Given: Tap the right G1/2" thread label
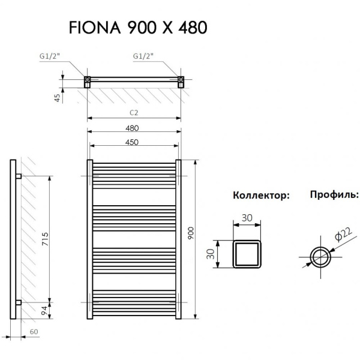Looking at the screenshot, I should coord(142,57).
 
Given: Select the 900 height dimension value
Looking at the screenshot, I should coord(191,234).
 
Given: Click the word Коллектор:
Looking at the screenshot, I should coord(261,196).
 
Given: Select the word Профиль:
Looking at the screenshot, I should coord(334,195).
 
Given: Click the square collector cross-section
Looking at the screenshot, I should coord(247,254).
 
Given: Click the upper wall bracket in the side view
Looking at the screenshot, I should coord(19,176).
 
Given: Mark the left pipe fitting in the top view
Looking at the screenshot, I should coord(88,80).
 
